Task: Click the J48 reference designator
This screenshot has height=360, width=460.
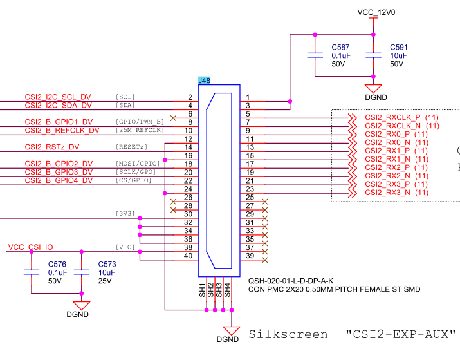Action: [x=204, y=81]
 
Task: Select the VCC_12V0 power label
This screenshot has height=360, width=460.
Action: [x=376, y=12]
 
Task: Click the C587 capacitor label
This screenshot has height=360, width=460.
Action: [x=340, y=48]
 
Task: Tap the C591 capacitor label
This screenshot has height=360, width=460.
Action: [x=399, y=48]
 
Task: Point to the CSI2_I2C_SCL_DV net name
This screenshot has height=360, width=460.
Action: [x=58, y=97]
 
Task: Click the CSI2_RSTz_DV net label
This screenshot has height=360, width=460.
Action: [x=51, y=147]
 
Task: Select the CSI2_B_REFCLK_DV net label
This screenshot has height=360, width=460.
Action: [x=62, y=130]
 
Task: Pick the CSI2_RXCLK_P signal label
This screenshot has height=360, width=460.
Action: [x=393, y=117]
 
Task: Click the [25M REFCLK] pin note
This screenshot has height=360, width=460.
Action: [x=140, y=130]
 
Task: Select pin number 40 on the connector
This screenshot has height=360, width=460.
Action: [x=189, y=256]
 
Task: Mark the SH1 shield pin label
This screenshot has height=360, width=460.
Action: [x=202, y=289]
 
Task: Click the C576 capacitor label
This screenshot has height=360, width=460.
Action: [x=57, y=264]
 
